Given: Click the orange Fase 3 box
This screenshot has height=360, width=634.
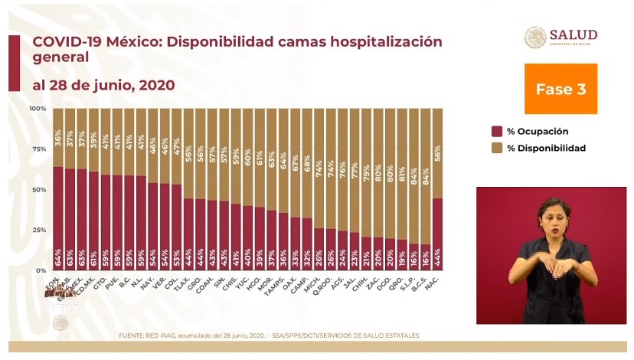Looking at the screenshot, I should [560, 89].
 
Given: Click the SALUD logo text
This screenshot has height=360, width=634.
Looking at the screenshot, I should [573, 34].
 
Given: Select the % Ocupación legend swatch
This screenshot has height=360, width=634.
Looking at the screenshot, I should [496, 131].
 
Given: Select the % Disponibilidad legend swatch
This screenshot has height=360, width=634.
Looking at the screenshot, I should [496, 148].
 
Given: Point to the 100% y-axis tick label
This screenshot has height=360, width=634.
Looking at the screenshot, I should [38, 109].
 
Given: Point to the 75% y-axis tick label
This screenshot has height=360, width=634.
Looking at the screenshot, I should [39, 149].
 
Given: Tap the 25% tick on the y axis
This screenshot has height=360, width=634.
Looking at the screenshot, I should [39, 231].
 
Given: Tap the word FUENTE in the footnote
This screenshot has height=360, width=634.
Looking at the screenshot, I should [132, 335].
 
